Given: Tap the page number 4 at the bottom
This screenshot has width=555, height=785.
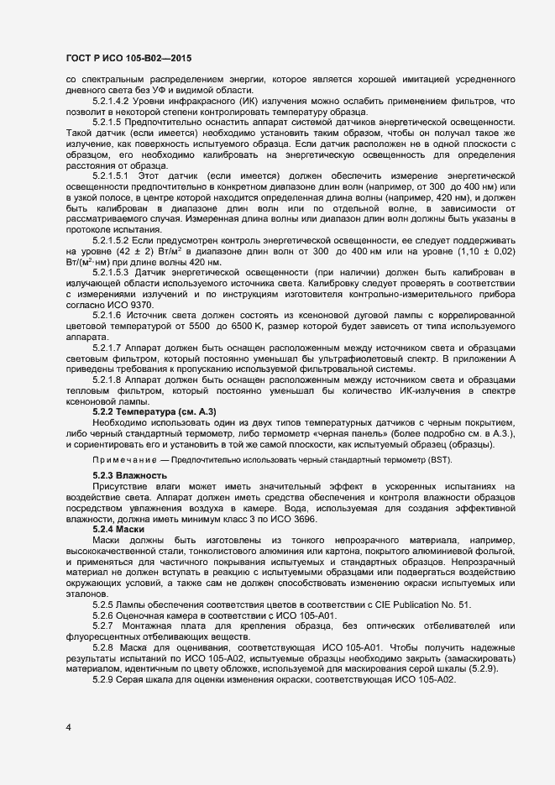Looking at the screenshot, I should click(x=68, y=725).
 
